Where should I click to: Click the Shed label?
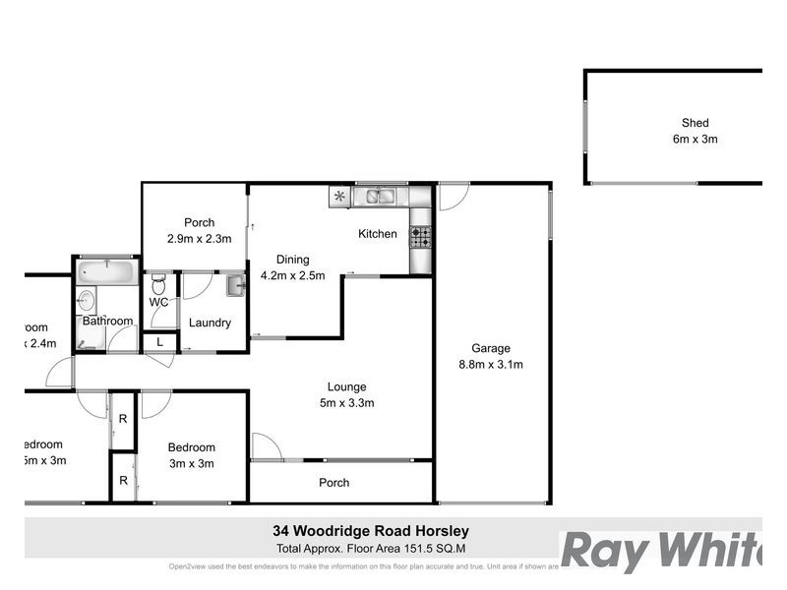point(695,123)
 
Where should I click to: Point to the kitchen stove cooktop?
point(420,236)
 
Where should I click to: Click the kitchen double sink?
point(380,197)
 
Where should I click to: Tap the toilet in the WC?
point(158,285)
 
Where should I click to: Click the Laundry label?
point(210,323)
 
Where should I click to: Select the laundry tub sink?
point(235,285)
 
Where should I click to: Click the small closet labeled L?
point(160,342)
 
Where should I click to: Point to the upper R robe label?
point(123,419)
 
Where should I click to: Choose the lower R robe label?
point(123,481)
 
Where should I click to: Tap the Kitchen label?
point(377,234)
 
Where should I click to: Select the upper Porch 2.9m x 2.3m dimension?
point(200,238)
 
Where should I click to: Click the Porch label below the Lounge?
point(334,483)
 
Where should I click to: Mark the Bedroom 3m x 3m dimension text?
point(191,463)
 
